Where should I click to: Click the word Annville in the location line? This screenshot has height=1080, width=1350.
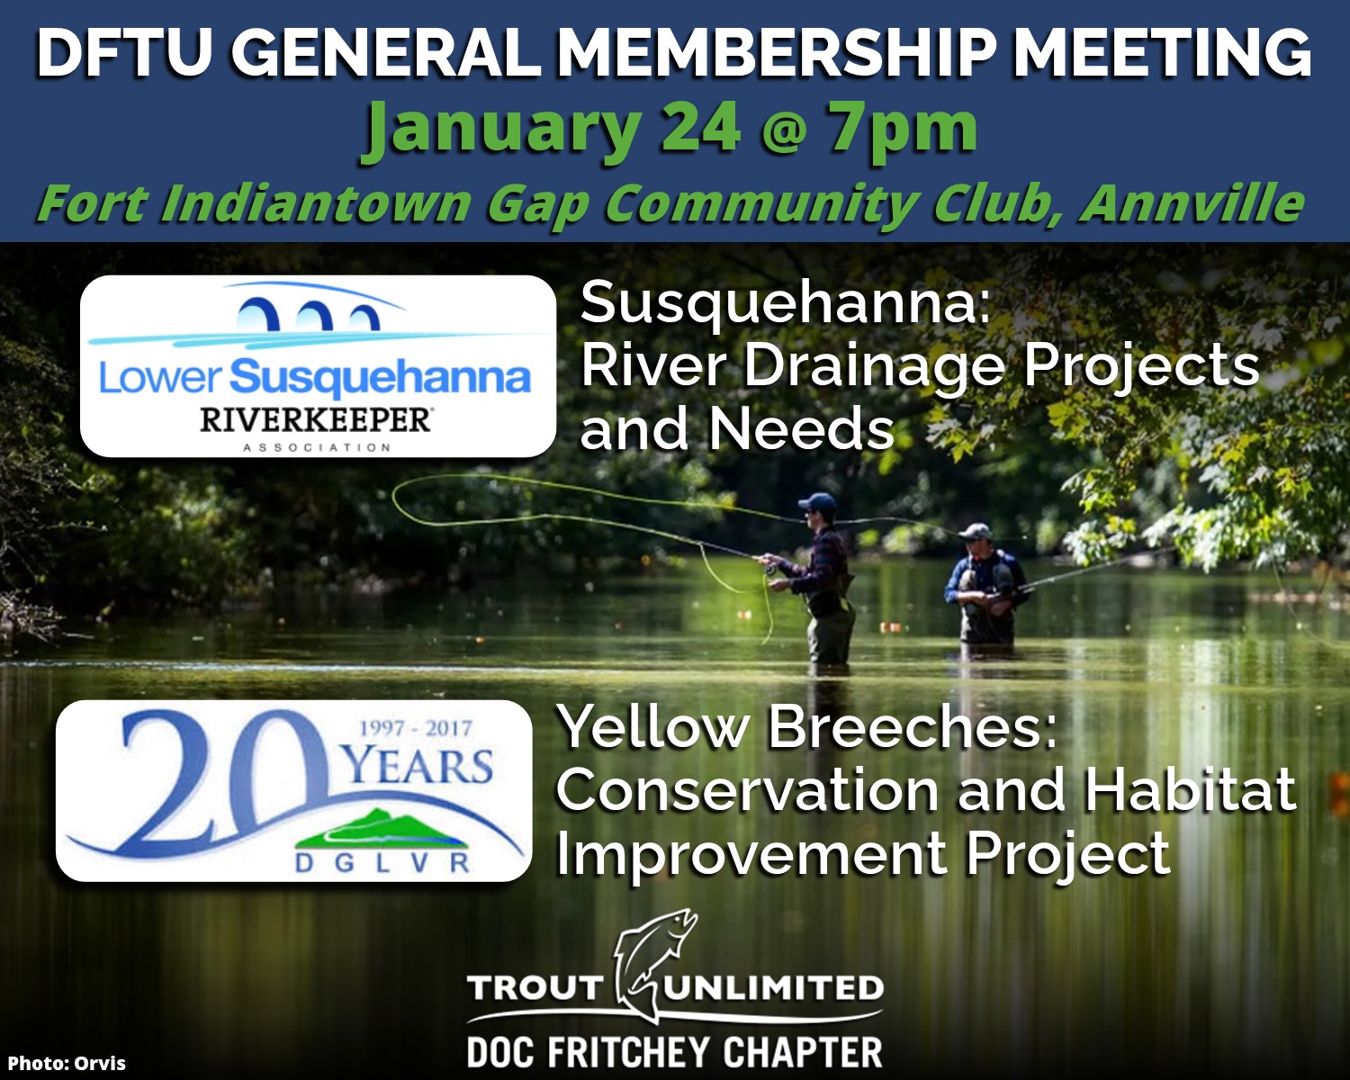click(x=1192, y=203)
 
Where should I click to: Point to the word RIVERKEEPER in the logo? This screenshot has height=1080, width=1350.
click(x=316, y=420)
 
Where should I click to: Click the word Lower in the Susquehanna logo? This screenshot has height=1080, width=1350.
click(x=160, y=378)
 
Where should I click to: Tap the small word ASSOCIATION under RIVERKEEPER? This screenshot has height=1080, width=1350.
click(x=317, y=447)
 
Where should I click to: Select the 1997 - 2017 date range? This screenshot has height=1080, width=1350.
click(x=415, y=728)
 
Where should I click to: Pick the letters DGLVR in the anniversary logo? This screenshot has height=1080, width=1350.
click(x=382, y=863)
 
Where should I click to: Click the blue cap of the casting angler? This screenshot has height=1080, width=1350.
click(x=817, y=501)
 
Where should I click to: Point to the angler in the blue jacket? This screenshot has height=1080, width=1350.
click(x=985, y=583)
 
